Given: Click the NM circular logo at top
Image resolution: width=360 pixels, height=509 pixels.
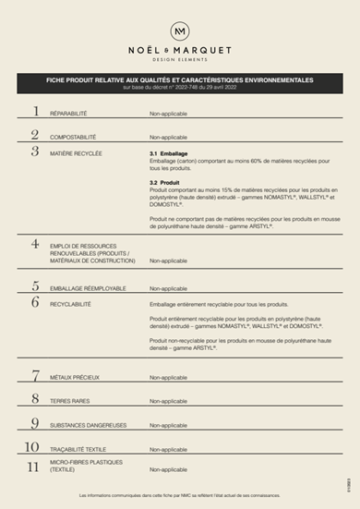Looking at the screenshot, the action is click(x=179, y=31).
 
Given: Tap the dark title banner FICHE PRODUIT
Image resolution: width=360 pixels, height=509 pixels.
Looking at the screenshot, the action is click(x=179, y=82).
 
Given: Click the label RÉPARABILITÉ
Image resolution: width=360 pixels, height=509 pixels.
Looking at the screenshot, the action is click(x=68, y=114).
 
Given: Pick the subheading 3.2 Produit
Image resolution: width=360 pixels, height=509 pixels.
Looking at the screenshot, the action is click(x=165, y=183).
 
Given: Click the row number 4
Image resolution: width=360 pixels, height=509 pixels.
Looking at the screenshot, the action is click(x=36, y=244).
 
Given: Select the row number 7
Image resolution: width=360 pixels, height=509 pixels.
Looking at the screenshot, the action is click(x=36, y=375).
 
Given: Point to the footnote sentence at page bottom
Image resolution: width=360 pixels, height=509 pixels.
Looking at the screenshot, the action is click(x=179, y=496).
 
